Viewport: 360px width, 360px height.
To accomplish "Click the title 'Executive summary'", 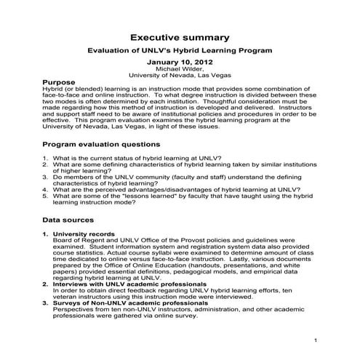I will click(180, 37).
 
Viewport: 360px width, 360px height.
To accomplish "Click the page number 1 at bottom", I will click(316, 340).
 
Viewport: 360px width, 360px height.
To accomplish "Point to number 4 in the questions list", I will click(44, 188).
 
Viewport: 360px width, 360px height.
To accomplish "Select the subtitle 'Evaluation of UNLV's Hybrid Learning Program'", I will click(180, 50).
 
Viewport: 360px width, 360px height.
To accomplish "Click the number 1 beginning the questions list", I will click(44, 159).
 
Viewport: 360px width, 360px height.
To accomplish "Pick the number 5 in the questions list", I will click(44, 195).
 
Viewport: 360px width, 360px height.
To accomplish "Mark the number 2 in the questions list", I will click(44, 166).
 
